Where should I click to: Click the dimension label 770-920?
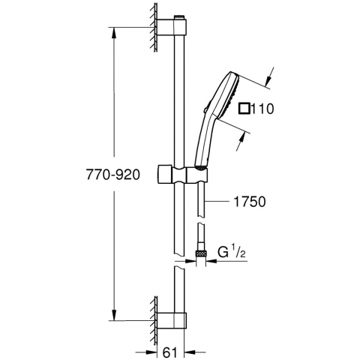pyautogui.click(x=113, y=174)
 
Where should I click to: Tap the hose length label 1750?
pyautogui.click(x=249, y=202)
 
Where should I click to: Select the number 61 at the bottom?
pyautogui.click(x=170, y=352)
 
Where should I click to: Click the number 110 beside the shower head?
pyautogui.click(x=262, y=109)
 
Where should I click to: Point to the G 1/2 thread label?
pyautogui.click(x=232, y=252)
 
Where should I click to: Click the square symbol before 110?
pyautogui.click(x=244, y=109)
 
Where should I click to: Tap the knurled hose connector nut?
pyautogui.click(x=200, y=253)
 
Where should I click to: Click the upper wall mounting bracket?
pyautogui.click(x=172, y=27)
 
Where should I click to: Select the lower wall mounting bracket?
pyautogui.click(x=172, y=320)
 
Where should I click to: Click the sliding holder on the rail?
pyautogui.click(x=183, y=174)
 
